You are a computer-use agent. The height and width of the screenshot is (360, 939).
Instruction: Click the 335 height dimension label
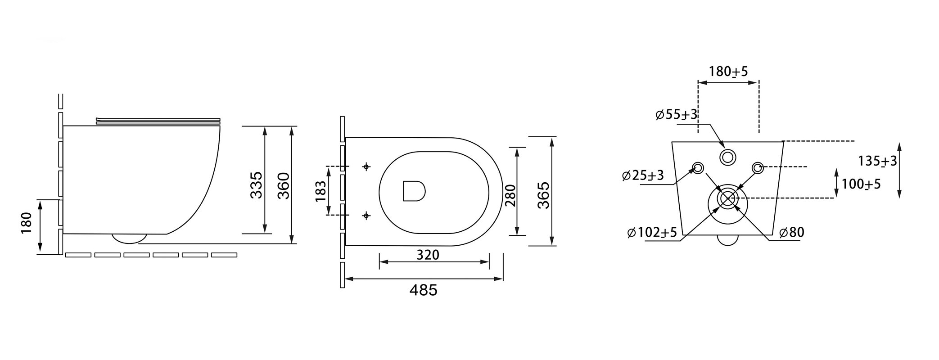coord(256,185)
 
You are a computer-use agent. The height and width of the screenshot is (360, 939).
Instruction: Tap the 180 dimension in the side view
coord(27,223)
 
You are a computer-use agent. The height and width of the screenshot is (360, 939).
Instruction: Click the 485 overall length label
coord(423,290)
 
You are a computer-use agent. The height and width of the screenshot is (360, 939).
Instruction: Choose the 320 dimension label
coord(427,255)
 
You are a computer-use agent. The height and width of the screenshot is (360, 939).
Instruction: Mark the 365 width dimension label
coord(543,194)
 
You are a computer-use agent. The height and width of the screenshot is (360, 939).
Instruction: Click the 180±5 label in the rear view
coord(728,72)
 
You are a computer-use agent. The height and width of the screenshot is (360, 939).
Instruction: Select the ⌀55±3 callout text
coord(677,115)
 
